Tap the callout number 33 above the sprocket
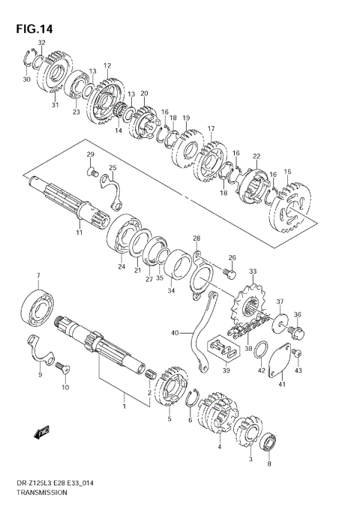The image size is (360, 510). [x=253, y=271]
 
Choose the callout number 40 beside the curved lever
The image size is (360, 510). [x=175, y=332]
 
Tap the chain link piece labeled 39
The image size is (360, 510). [x=223, y=348]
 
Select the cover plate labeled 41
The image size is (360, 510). [x=282, y=363]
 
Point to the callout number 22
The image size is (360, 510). [x=256, y=156]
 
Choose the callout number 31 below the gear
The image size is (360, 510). [x=54, y=105]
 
